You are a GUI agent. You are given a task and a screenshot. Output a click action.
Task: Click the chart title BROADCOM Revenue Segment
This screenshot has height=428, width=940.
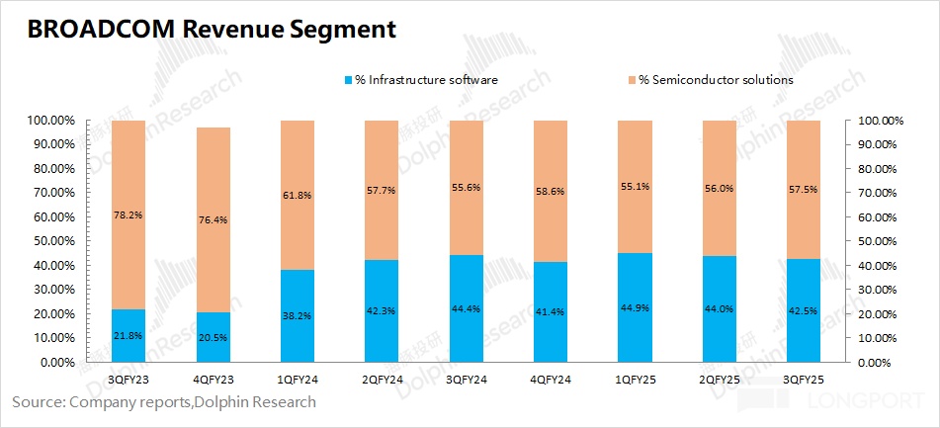click(212, 30)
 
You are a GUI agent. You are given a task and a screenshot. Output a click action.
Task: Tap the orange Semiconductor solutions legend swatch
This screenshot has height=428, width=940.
click(631, 79)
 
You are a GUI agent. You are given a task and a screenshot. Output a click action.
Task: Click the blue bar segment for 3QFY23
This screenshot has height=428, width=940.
click(128, 336)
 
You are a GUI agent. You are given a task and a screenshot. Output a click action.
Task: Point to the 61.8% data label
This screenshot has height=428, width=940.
click(297, 196)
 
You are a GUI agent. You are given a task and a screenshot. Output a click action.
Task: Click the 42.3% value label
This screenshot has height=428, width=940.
click(382, 310)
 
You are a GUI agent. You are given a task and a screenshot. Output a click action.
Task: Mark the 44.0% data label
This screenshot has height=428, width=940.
click(719, 308)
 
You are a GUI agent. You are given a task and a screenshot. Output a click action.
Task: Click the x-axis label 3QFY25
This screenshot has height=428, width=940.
click(803, 379)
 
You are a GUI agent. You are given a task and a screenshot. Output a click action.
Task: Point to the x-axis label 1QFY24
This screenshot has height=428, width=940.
click(297, 379)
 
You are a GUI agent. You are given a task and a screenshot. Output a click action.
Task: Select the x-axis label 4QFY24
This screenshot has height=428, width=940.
click(550, 379)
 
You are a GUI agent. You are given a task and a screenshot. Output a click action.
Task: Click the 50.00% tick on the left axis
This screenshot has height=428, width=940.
click(47, 241)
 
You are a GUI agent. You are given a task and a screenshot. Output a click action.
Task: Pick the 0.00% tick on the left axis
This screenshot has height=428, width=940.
click(50, 363)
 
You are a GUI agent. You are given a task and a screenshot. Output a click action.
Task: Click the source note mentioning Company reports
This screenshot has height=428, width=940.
click(164, 402)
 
